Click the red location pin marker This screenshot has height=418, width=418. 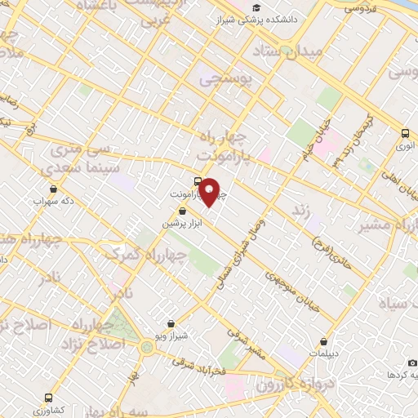(x=210, y=193)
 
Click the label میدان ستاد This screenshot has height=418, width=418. (x=311, y=53)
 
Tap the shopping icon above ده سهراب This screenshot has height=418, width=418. (x=38, y=186)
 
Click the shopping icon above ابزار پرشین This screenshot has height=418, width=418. (x=181, y=211)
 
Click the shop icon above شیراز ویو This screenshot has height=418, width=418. (x=171, y=324)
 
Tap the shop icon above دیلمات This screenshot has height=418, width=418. (x=326, y=341)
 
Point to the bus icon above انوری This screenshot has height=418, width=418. (x=406, y=132)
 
